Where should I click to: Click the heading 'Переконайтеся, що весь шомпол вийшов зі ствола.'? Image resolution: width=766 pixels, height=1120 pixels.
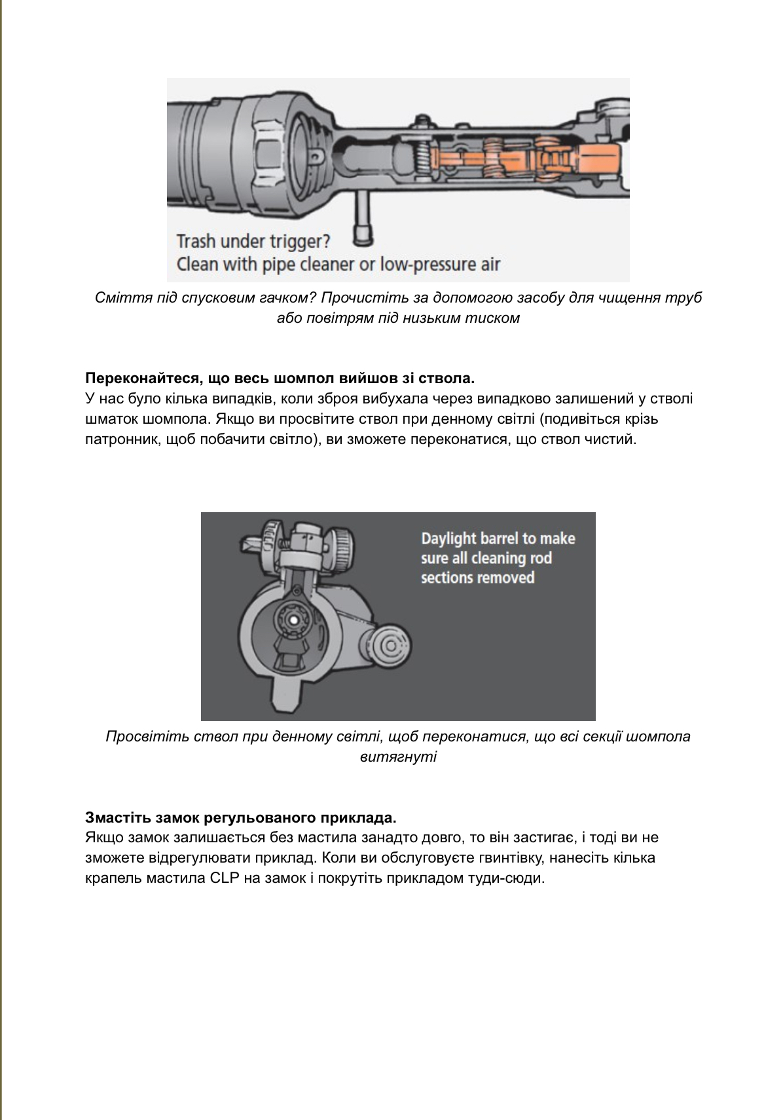coord(280,379)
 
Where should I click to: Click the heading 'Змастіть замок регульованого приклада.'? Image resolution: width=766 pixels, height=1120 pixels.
coord(240,817)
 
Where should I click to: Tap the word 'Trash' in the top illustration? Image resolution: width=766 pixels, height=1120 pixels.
coord(196,242)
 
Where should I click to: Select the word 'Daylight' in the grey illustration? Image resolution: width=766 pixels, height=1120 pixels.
coord(448,538)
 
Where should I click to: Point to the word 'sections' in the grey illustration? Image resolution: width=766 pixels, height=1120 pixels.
coord(443,578)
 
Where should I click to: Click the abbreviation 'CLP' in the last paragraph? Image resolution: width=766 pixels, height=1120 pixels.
coord(225,878)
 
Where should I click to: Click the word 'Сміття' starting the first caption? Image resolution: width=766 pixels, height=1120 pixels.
coord(117,298)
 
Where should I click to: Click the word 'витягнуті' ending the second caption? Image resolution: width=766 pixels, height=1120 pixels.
coord(398,757)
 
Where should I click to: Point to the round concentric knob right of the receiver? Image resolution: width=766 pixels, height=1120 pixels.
coord(391,646)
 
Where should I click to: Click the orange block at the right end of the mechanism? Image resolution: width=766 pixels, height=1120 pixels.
coord(598,159)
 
